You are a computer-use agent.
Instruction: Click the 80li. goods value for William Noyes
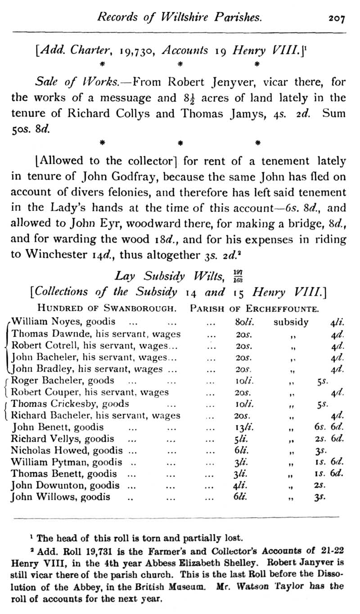(x=243, y=322)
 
